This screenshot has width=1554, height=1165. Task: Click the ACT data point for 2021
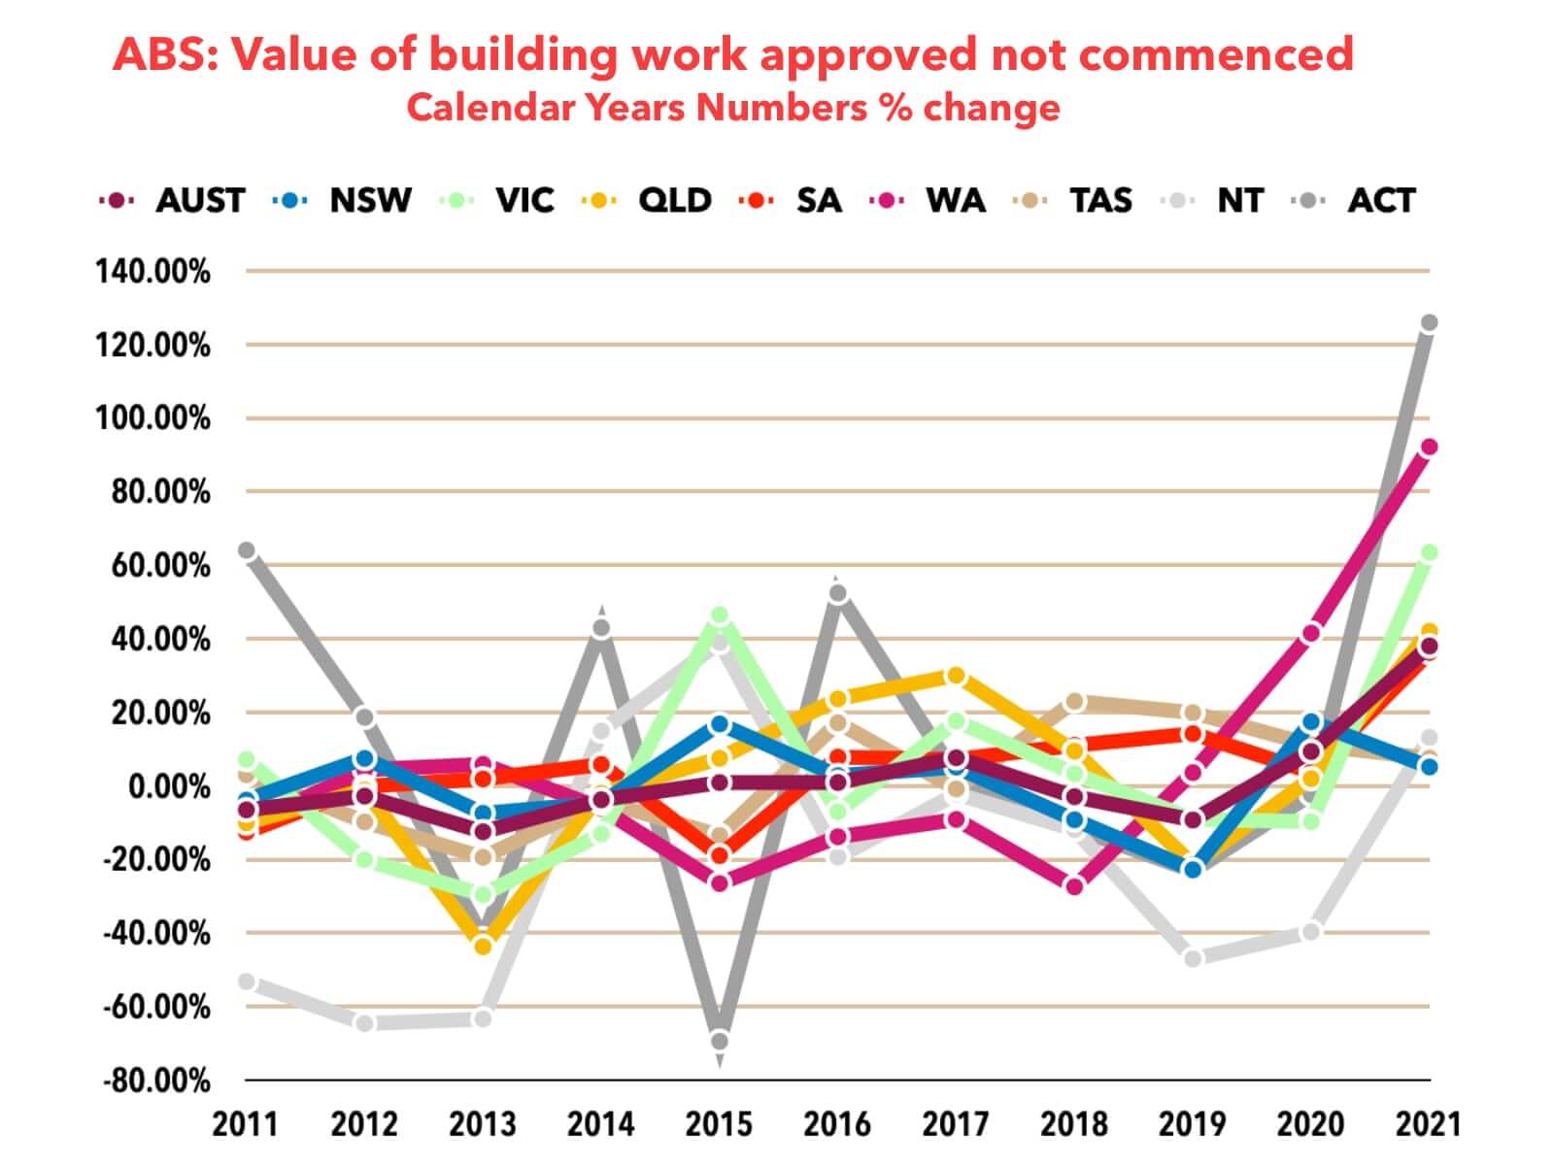tap(1429, 322)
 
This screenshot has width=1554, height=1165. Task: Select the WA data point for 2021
tap(1429, 448)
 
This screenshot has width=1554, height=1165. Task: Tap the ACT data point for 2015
tap(720, 1041)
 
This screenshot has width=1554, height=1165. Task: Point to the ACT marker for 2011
tap(247, 550)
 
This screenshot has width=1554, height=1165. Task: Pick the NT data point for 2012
tap(365, 1022)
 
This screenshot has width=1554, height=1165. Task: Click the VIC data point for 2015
tap(720, 616)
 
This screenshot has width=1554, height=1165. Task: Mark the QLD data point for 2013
tap(484, 945)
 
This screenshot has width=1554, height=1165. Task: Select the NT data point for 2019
tap(1193, 958)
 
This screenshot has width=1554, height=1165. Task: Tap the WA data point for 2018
tap(1074, 885)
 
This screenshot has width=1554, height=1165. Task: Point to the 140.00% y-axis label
tap(152, 272)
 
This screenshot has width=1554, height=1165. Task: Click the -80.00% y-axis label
tap(156, 1081)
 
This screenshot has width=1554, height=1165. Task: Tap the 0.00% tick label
tap(169, 786)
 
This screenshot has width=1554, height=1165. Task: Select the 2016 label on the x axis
tap(837, 1124)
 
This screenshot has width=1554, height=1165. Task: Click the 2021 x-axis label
tap(1428, 1124)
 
